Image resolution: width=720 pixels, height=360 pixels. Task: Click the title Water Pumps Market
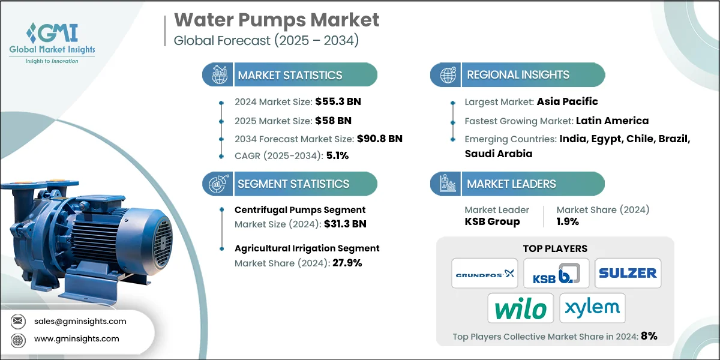click(277, 20)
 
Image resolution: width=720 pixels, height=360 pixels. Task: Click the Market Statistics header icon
click(218, 75)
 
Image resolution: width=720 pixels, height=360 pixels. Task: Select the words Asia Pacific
click(567, 101)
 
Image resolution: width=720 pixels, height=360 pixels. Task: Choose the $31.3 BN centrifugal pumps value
click(341, 224)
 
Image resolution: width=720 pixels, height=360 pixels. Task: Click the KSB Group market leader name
click(492, 221)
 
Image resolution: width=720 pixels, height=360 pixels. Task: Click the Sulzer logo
click(628, 273)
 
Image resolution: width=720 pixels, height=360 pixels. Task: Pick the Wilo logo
click(520, 308)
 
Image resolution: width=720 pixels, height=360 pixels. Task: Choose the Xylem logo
click(592, 308)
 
